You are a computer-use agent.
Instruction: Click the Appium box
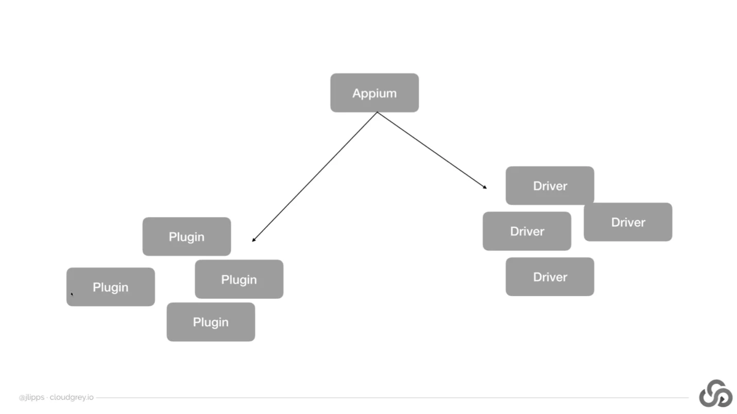pyautogui.click(x=374, y=93)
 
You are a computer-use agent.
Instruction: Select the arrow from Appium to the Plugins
pyautogui.click(x=314, y=176)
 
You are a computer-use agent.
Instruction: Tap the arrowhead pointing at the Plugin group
pyautogui.click(x=253, y=240)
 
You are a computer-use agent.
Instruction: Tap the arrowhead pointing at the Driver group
pyautogui.click(x=485, y=187)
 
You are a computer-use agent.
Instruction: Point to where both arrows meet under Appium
pyautogui.click(x=377, y=112)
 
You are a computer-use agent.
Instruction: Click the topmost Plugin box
pyautogui.click(x=186, y=237)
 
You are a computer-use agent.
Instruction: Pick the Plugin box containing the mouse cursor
pyautogui.click(x=110, y=287)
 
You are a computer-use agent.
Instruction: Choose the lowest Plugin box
pyautogui.click(x=211, y=322)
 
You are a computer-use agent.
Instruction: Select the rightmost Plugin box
pyautogui.click(x=239, y=279)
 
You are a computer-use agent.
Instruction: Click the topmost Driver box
pyautogui.click(x=550, y=185)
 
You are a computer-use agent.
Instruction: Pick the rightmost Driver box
pyautogui.click(x=628, y=222)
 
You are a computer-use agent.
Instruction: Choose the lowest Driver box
pyautogui.click(x=550, y=277)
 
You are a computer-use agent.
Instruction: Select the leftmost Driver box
pyautogui.click(x=526, y=231)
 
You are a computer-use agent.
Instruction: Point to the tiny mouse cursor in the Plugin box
pyautogui.click(x=72, y=294)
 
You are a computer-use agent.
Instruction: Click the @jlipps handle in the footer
pyautogui.click(x=31, y=398)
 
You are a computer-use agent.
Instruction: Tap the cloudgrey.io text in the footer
pyautogui.click(x=72, y=398)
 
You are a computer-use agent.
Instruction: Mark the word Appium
pyautogui.click(x=374, y=93)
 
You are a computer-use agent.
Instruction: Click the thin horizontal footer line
pyautogui.click(x=391, y=398)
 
